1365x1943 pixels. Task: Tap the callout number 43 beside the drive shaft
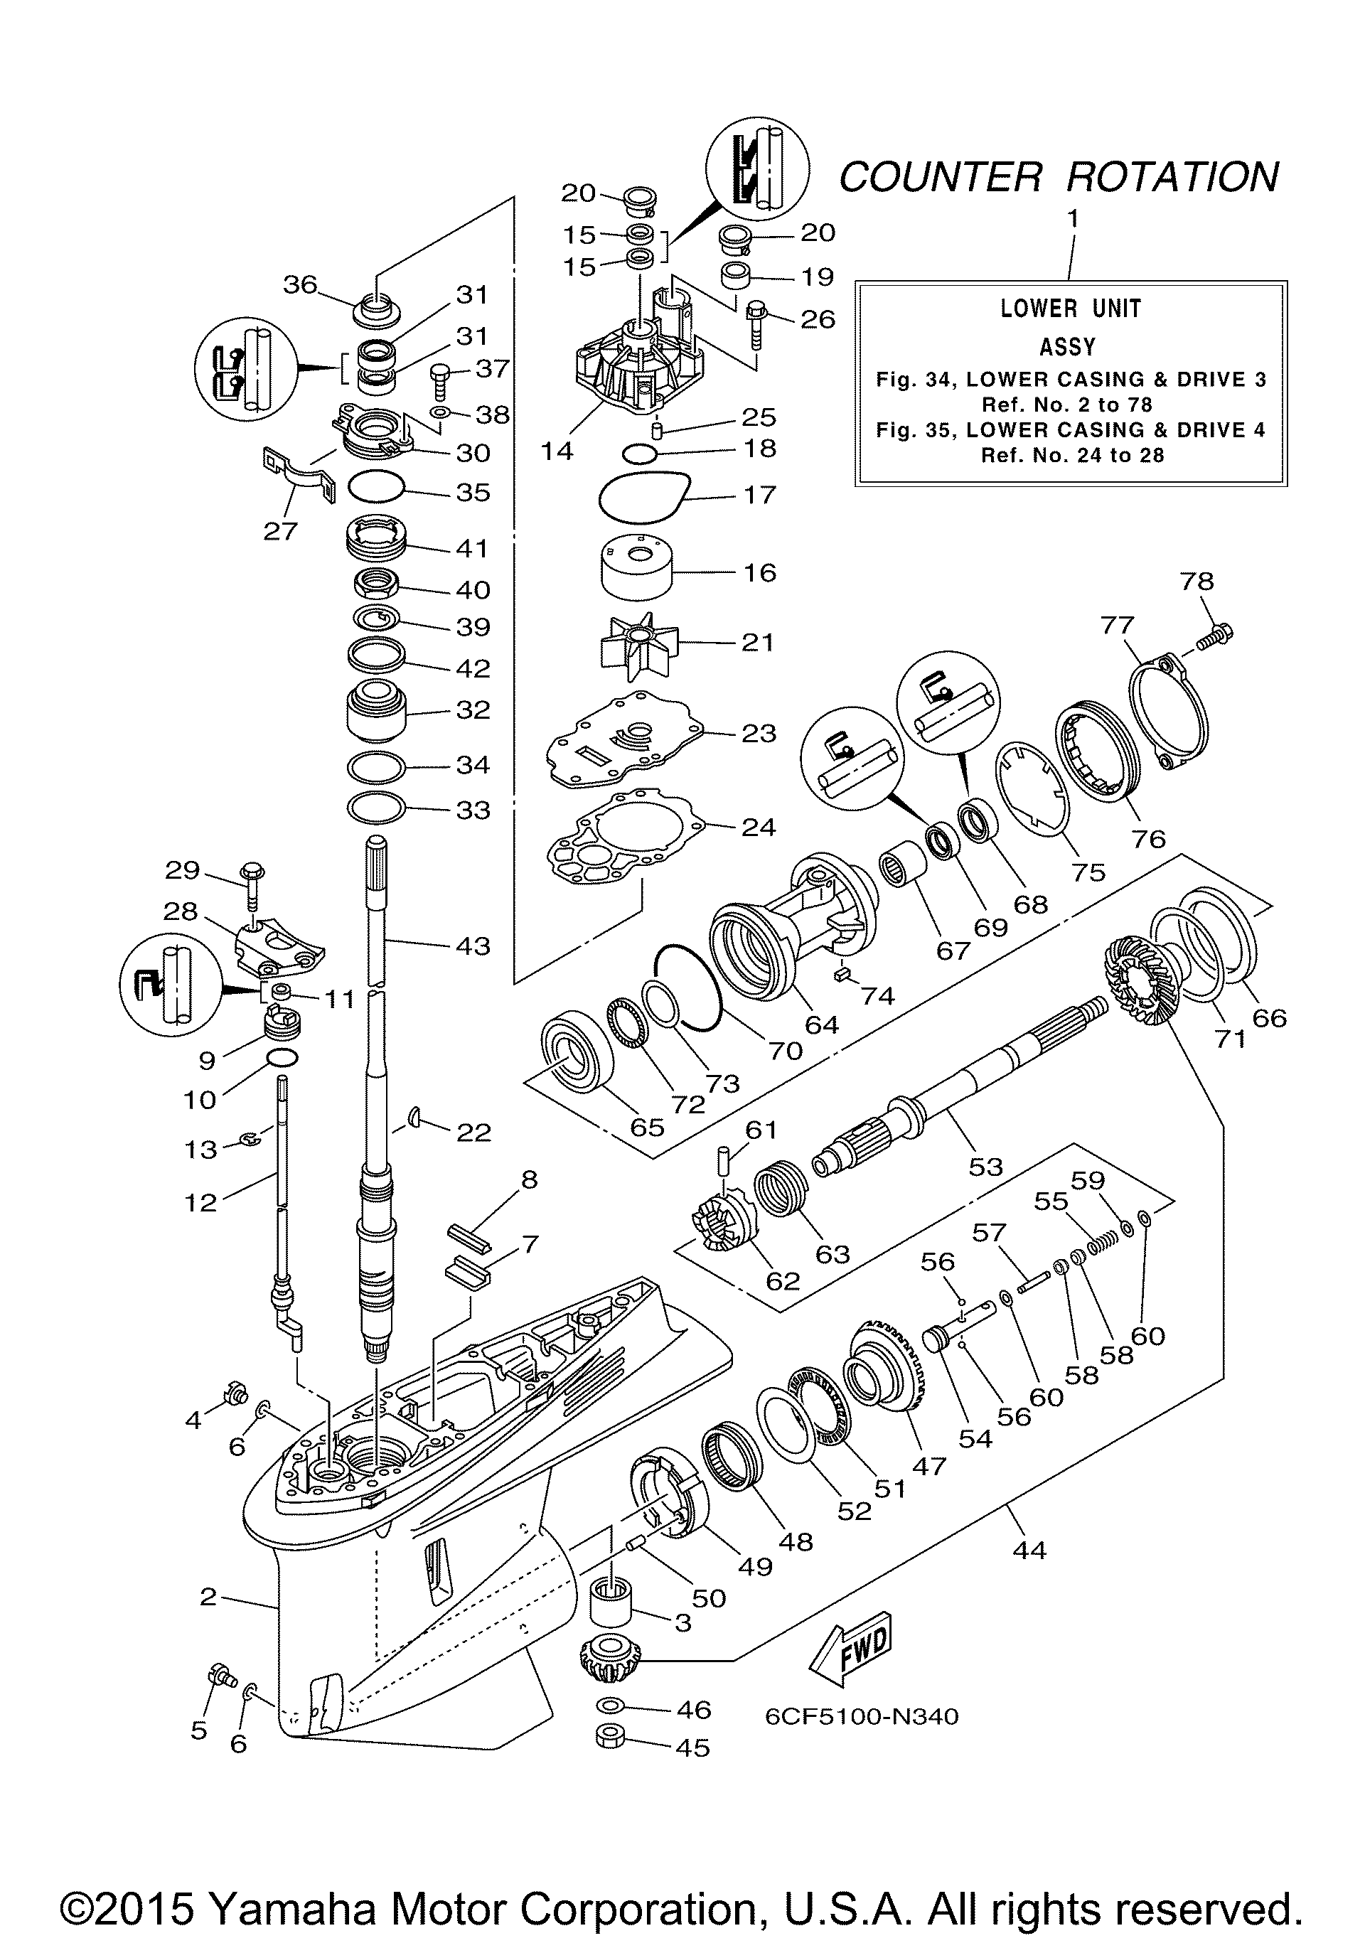point(472,946)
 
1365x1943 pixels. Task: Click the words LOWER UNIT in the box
point(1071,308)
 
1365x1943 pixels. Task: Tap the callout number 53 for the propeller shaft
point(985,1166)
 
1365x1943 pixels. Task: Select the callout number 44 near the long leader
point(1028,1551)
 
